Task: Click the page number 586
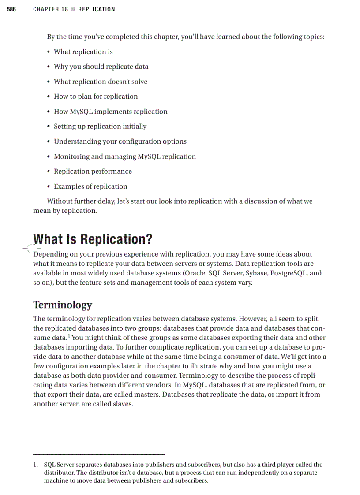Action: click(x=11, y=9)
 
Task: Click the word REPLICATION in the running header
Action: click(x=96, y=9)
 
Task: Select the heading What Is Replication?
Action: click(x=93, y=239)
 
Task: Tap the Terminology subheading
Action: click(x=63, y=305)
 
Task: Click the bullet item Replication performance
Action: click(x=93, y=171)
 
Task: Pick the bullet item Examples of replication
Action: click(x=90, y=186)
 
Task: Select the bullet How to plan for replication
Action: click(x=96, y=97)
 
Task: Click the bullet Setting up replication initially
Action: click(x=100, y=127)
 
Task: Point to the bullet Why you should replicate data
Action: click(x=101, y=67)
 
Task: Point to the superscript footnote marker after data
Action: click(x=69, y=336)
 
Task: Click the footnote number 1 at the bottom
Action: click(x=35, y=465)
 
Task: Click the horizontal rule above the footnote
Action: click(x=99, y=454)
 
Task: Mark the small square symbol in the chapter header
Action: click(x=73, y=9)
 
